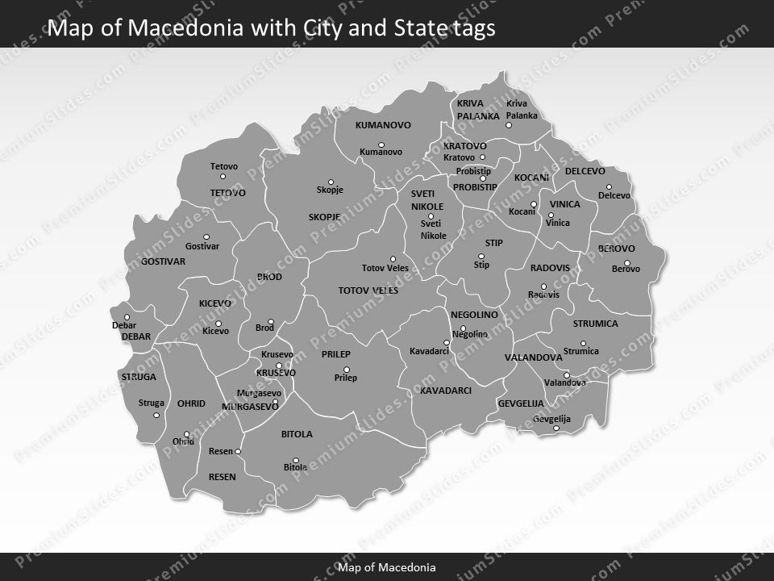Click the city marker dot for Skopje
point(331,182)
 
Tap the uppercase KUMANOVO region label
point(383,125)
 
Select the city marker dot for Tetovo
point(223,177)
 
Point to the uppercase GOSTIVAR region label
point(163,261)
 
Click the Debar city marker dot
point(127,317)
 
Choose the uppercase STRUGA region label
point(139,377)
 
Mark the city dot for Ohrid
point(186,434)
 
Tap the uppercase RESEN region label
point(222,477)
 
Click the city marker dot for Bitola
point(296,461)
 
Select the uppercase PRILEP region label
point(336,354)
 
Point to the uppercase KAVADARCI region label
point(445,390)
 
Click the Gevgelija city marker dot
point(556,428)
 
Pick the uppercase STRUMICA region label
point(595,324)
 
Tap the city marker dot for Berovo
point(626,262)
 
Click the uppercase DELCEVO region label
point(585,172)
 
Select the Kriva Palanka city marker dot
point(509,125)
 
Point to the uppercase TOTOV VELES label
point(368,290)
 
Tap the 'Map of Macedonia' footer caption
point(387,567)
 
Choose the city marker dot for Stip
point(482,257)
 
